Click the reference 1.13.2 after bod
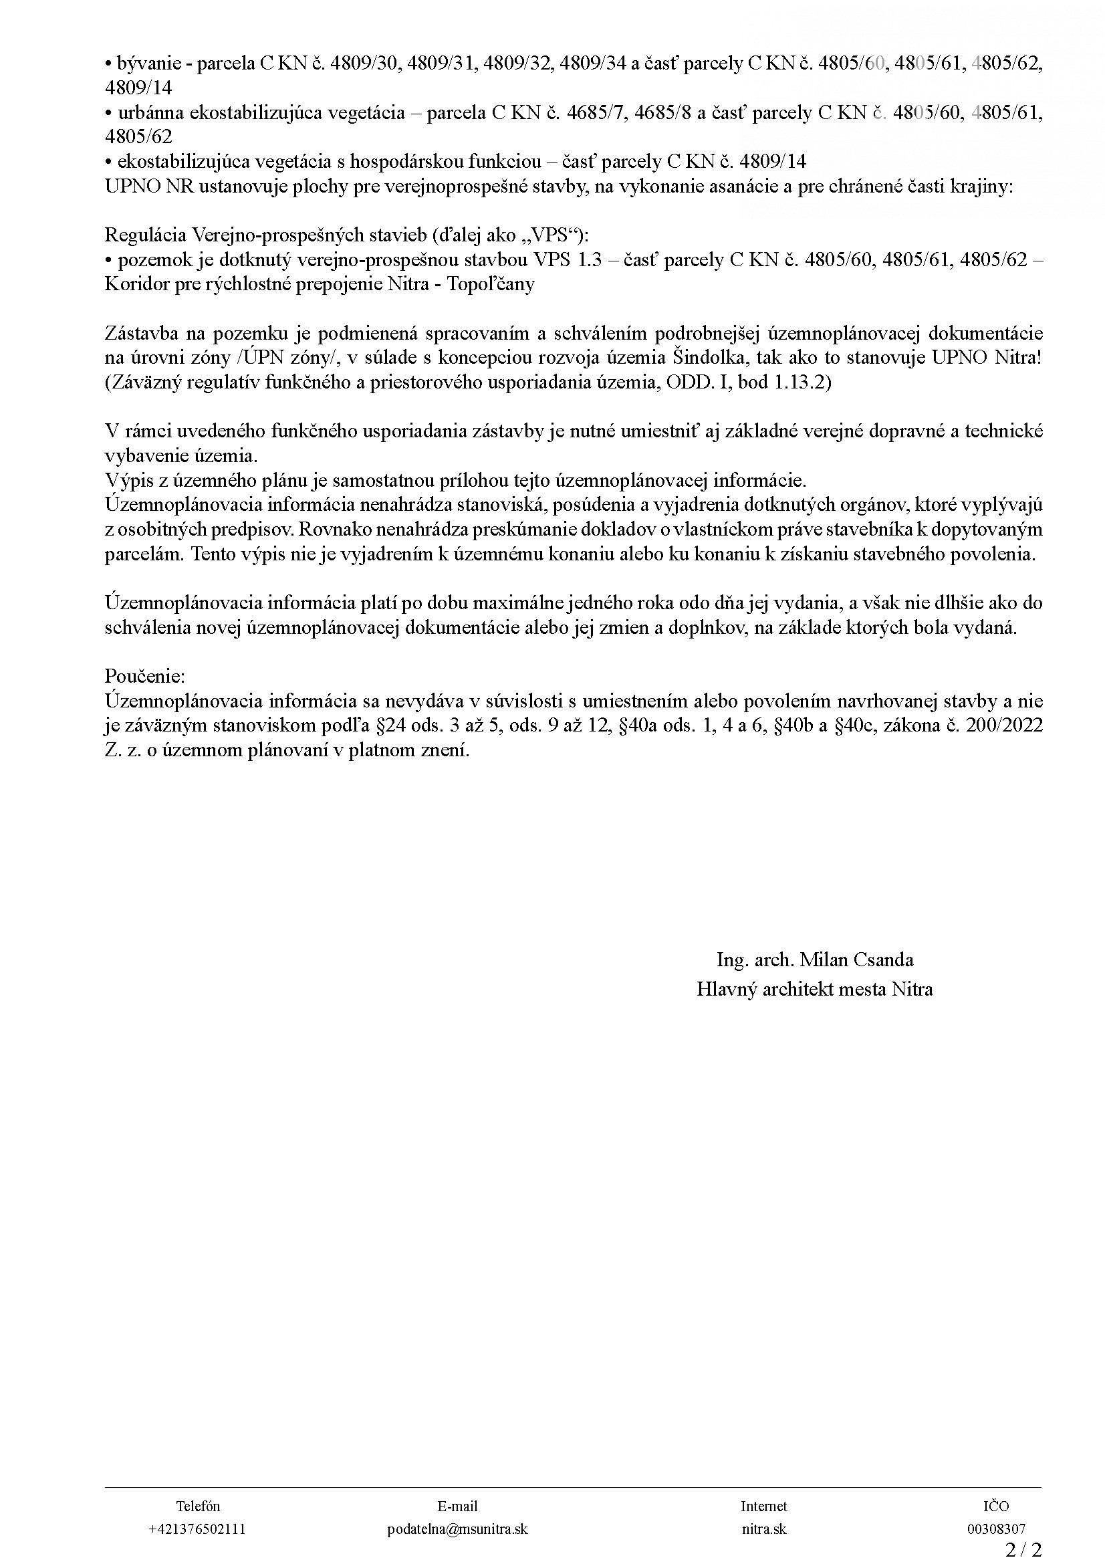802,382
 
